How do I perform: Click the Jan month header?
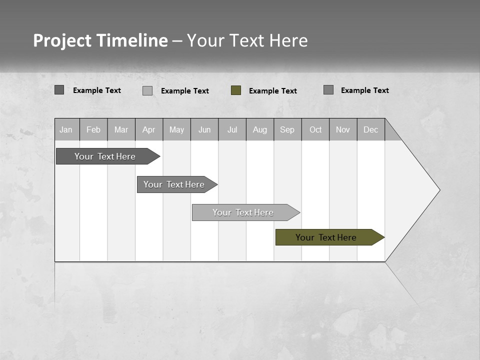66,129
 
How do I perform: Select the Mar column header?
121,129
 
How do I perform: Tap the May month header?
176,129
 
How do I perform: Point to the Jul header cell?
232,129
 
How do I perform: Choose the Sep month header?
287,129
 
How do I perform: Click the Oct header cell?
315,129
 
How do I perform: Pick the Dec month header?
370,129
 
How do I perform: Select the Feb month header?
93,129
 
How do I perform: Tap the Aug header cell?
259,129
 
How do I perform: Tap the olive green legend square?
236,90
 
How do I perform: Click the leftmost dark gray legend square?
59,90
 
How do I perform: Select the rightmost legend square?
328,90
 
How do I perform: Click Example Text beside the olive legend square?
272,91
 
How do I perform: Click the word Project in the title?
62,40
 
